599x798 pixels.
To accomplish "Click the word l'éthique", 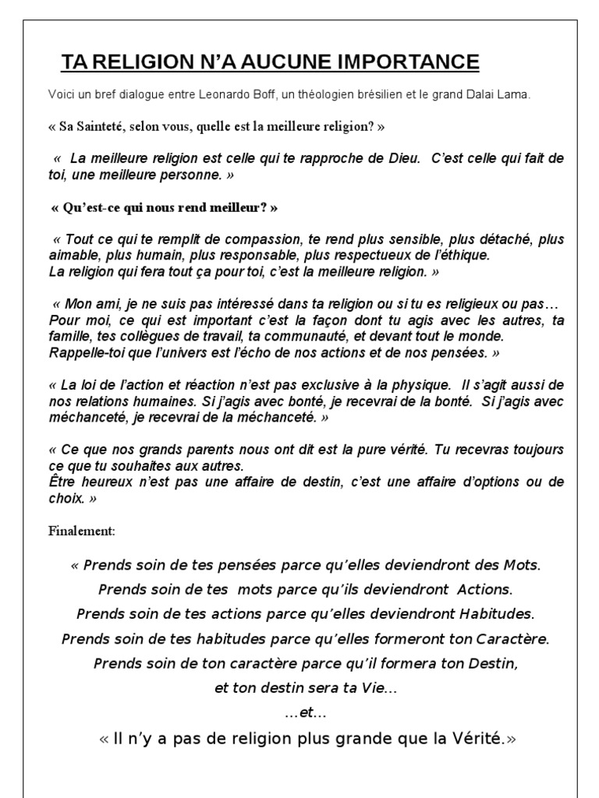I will (x=463, y=254).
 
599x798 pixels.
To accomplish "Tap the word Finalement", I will (x=82, y=531).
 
